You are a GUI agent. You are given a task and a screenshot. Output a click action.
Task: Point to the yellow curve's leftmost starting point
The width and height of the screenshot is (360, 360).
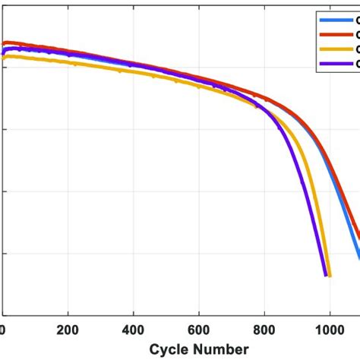4,56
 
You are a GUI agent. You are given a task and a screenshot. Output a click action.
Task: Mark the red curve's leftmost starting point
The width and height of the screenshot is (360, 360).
4,43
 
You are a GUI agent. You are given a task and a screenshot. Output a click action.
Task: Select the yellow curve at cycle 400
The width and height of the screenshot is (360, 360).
134,71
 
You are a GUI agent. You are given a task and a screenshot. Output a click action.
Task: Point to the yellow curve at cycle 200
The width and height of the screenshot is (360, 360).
68,62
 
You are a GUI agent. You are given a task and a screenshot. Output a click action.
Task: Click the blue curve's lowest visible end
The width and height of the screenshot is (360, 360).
358,258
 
